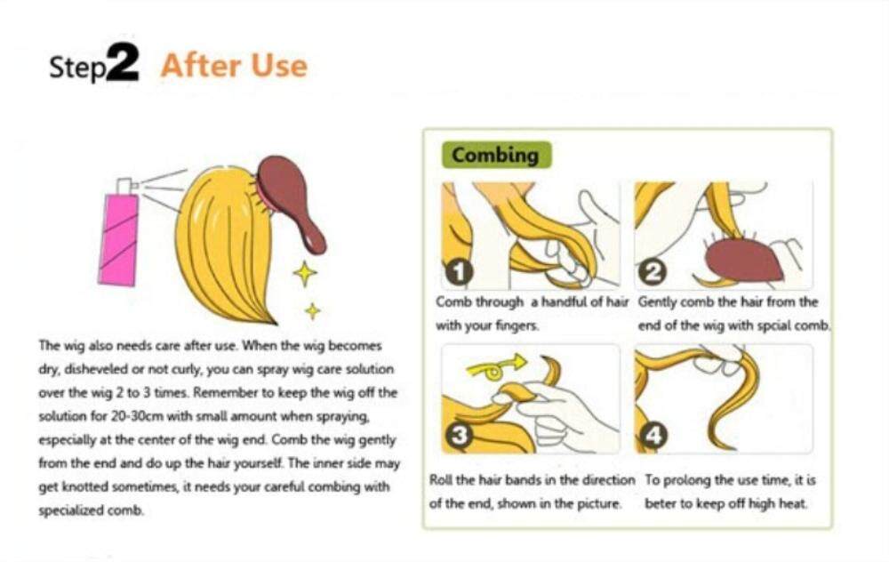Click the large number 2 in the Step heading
click(x=122, y=62)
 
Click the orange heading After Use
click(x=234, y=65)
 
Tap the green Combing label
click(x=495, y=155)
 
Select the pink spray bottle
click(x=119, y=239)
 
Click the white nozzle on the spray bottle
click(x=126, y=186)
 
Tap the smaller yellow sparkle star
click(x=312, y=310)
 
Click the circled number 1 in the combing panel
click(x=459, y=271)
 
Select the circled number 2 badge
click(x=653, y=272)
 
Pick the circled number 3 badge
click(x=459, y=436)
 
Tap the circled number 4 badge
click(x=653, y=436)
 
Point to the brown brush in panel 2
click(x=741, y=258)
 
